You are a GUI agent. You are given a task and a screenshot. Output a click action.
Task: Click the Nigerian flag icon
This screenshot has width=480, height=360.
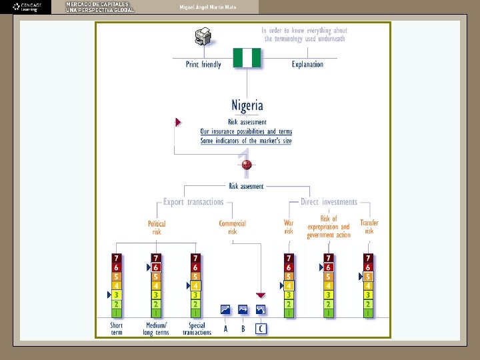click(247, 57)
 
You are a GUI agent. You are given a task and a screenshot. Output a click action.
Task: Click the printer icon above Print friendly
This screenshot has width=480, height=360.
click(202, 38)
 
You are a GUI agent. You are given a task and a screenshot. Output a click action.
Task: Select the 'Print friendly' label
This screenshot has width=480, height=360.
click(203, 65)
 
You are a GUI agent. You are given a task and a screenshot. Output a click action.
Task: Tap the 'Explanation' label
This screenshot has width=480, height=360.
click(307, 65)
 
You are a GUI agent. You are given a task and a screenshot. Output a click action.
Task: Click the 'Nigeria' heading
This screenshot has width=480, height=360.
click(247, 105)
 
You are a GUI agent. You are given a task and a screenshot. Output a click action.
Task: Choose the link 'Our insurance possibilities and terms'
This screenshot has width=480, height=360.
click(246, 131)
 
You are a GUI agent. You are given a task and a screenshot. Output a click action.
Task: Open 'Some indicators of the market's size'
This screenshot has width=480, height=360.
click(246, 141)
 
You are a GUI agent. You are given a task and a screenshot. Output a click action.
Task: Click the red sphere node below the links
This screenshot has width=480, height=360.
click(247, 165)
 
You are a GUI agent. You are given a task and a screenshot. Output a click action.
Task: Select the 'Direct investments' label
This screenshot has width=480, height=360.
click(329, 202)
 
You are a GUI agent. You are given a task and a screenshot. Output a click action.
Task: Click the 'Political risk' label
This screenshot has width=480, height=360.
click(157, 227)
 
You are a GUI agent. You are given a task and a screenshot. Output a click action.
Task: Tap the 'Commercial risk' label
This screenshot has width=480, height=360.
click(233, 227)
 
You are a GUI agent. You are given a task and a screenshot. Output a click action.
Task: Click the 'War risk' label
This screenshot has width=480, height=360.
click(289, 227)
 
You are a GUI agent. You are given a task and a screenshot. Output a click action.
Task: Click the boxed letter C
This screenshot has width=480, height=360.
click(261, 328)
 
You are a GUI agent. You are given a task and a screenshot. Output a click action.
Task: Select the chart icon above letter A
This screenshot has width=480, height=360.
click(225, 310)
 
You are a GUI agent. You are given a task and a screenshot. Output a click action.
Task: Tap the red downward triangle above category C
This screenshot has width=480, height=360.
click(261, 295)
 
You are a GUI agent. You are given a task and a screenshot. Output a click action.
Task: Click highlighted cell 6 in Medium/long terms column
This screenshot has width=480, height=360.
click(156, 267)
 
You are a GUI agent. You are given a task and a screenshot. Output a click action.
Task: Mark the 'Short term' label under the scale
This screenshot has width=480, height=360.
click(117, 329)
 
